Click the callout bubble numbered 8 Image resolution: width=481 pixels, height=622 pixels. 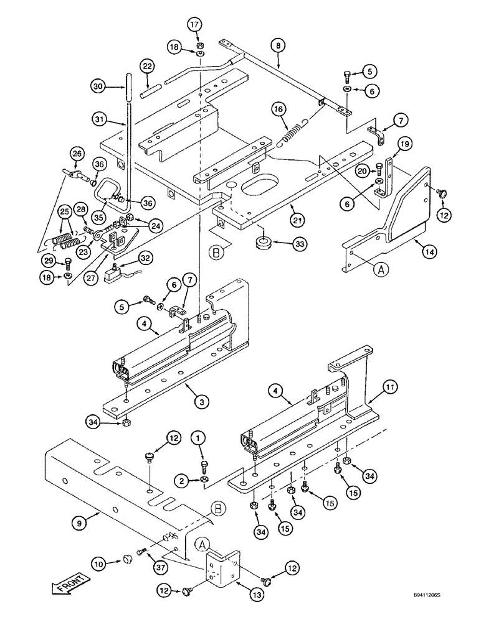coord(278,45)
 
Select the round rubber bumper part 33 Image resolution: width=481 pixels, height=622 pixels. coord(263,241)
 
